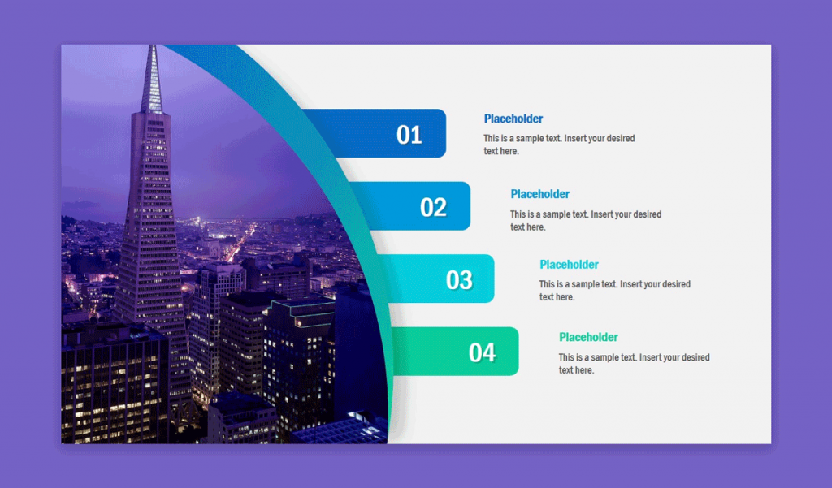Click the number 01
click(x=409, y=135)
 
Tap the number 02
click(x=434, y=207)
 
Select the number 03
click(x=459, y=280)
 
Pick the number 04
click(x=482, y=352)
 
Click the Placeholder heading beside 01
click(x=513, y=119)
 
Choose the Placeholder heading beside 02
click(x=540, y=194)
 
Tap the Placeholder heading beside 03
click(x=569, y=265)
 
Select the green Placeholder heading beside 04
click(x=588, y=337)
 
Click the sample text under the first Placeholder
click(x=559, y=145)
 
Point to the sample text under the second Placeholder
click(x=586, y=221)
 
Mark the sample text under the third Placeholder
click(x=615, y=291)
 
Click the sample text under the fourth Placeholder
click(x=634, y=364)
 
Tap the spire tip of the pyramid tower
click(x=151, y=50)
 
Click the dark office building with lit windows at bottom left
click(x=114, y=382)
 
